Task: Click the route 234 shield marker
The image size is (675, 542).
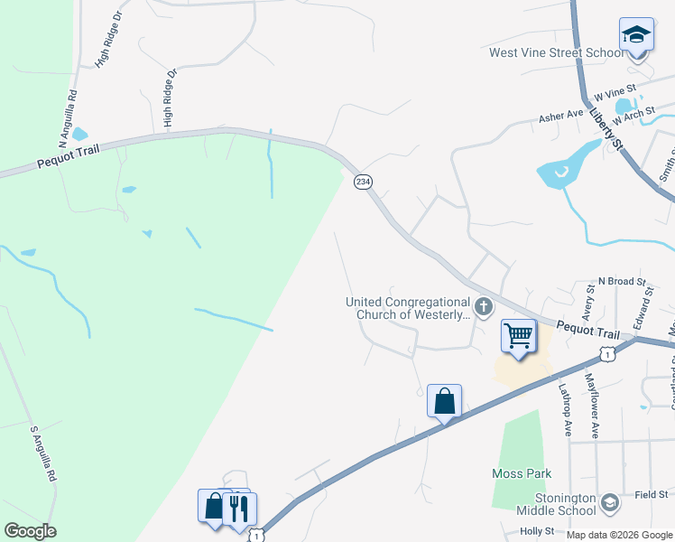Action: [x=363, y=182]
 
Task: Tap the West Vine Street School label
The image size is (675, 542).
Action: [x=556, y=52]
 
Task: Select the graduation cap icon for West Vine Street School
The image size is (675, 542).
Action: [x=636, y=35]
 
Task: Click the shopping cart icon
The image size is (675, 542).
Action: [x=518, y=336]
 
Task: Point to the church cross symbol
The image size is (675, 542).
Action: [x=484, y=307]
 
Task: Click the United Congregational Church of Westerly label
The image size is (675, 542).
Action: [x=408, y=309]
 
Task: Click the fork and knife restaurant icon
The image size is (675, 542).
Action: [x=239, y=508]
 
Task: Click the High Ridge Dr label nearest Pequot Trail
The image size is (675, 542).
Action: [x=167, y=98]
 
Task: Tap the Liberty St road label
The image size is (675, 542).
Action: [x=606, y=126]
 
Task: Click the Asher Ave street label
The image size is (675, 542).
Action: [x=562, y=117]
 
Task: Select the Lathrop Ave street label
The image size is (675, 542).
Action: [x=565, y=410]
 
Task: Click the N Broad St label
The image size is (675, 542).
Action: [x=623, y=282]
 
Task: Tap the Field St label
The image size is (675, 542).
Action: [x=650, y=494]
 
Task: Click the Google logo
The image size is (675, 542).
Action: [x=30, y=530]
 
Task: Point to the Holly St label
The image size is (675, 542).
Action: [x=537, y=532]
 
